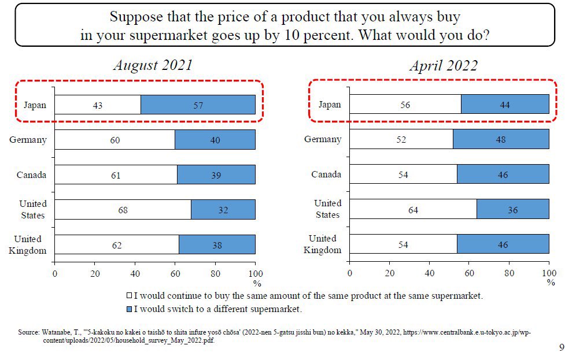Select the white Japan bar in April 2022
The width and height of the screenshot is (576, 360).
[405, 105]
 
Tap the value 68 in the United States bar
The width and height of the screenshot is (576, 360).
[123, 210]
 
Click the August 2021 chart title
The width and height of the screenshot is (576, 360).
[153, 65]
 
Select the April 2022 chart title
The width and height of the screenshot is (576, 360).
[444, 65]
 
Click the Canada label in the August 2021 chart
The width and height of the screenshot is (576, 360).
[31, 175]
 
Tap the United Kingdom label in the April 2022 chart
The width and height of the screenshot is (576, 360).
[322, 244]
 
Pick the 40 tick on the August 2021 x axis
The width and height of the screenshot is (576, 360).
[135, 273]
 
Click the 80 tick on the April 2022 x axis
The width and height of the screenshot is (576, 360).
[509, 273]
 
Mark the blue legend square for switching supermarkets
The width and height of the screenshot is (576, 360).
[130, 309]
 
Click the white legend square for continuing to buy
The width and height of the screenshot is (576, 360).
[130, 296]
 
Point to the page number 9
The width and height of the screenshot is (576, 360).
[562, 347]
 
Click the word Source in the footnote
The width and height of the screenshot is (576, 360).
[28, 333]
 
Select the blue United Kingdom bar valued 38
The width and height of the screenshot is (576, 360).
[217, 245]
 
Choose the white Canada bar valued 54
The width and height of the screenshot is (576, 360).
[403, 175]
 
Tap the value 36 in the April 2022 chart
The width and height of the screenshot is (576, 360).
[512, 210]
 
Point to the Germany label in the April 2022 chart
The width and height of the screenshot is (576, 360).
[323, 139]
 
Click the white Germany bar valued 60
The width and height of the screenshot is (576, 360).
[115, 140]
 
